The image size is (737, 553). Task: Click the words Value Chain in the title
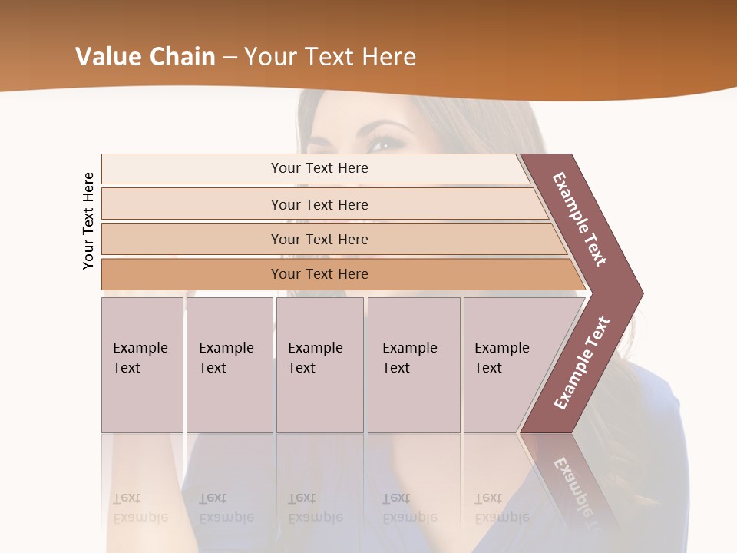point(145,57)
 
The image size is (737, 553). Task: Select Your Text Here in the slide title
point(330,57)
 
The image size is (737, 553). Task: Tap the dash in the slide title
point(230,58)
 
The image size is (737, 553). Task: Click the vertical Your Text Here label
point(88,221)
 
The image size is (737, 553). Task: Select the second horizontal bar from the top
point(319,204)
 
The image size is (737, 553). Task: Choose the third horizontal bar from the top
point(319,239)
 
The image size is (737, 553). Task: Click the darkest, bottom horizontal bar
point(319,274)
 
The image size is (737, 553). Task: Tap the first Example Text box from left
point(142,364)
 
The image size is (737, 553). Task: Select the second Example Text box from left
point(230,364)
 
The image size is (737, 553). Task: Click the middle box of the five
point(319,364)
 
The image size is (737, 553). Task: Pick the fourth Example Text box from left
point(414,364)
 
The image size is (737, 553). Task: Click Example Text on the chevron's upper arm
point(580,219)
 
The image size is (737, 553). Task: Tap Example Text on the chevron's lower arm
point(582,363)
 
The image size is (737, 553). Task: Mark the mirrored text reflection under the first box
point(140,508)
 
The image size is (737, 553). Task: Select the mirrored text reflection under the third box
point(316,508)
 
